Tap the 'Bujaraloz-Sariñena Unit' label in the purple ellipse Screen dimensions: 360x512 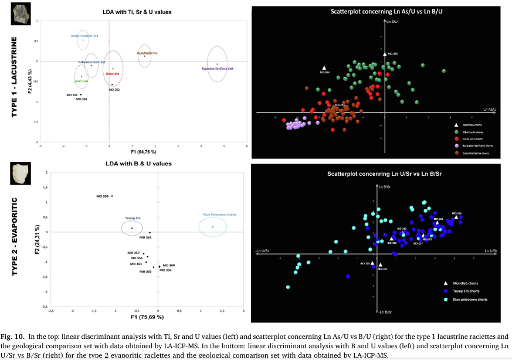point(218,68)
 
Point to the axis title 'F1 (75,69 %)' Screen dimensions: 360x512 point(147,317)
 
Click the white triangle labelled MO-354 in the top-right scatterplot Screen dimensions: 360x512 point(324,68)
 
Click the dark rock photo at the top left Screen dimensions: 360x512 point(21,15)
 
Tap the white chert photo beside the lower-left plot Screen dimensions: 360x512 point(21,174)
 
